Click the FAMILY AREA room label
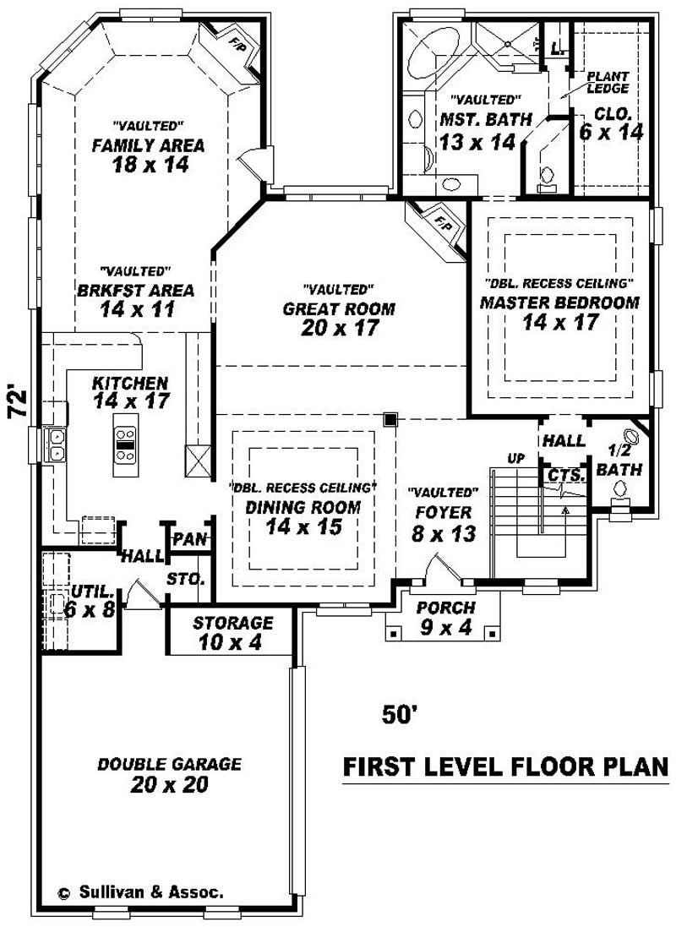(148, 145)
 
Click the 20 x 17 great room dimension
(338, 328)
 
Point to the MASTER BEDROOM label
(559, 302)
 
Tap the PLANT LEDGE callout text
(608, 82)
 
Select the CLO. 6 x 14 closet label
(611, 123)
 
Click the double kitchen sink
(55, 444)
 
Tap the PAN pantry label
(189, 539)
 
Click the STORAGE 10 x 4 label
(232, 632)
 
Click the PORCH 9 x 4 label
(445, 617)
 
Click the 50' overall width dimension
(401, 715)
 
